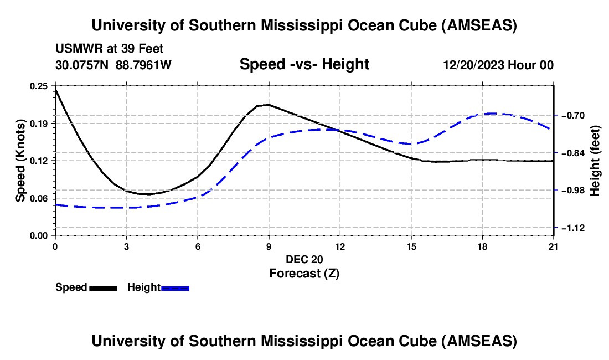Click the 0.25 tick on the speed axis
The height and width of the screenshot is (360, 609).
pos(40,86)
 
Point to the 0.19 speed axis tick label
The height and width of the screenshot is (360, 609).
pos(40,123)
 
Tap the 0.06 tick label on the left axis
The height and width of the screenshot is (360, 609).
pos(40,198)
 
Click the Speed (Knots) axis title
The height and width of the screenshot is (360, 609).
pos(20,161)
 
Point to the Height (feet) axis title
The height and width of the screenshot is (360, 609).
pos(595,161)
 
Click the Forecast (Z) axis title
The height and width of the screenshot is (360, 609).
pos(304,273)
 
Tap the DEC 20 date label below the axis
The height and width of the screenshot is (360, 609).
pos(304,259)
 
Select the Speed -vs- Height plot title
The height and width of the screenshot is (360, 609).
pos(304,64)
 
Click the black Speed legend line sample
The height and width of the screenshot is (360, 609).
pos(103,287)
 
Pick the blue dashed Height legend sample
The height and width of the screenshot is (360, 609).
pos(176,287)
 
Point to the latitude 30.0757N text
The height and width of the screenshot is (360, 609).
pos(83,65)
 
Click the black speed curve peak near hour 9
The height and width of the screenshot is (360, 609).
pos(269,104)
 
